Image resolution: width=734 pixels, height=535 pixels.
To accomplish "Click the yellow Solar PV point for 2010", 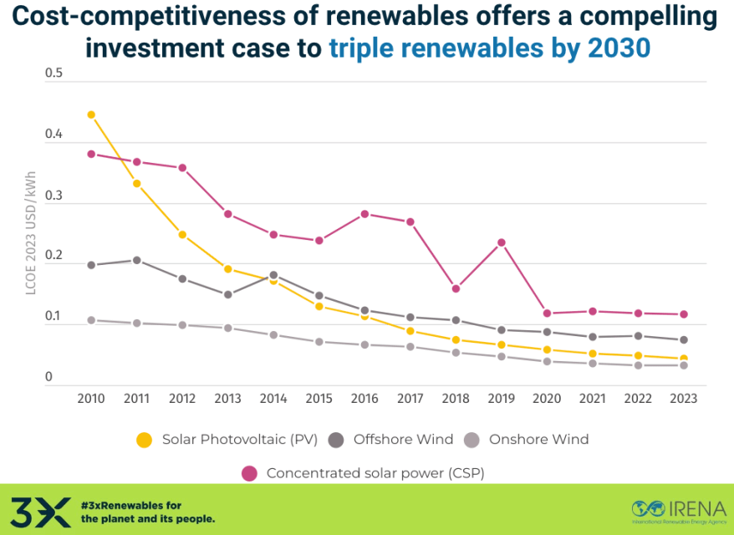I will coord(91,115).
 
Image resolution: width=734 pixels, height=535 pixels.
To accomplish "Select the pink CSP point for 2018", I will coord(456,288).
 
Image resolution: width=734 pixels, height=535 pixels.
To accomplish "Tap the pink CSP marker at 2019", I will coord(502,242).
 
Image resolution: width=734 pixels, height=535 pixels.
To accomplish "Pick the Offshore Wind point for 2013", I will coord(228,294).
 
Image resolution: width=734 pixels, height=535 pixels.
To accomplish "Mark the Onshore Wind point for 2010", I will coord(91,320).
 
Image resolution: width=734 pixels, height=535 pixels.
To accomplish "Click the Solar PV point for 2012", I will coord(182,235).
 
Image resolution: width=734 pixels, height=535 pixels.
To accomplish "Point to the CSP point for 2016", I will coord(364,214).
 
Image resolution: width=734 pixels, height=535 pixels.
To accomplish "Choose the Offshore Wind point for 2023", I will coord(684,339).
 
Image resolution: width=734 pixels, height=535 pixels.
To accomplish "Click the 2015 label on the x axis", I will coord(319,400).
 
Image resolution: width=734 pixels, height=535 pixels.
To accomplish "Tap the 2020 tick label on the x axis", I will coord(547,400).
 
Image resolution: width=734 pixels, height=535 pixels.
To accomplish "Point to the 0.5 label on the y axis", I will coord(54,74).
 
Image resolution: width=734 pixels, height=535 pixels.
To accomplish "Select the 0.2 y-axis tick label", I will coord(54,256).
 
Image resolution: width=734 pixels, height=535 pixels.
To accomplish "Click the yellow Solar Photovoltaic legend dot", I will coord(145,440).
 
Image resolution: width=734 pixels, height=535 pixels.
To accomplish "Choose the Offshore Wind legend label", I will coord(403,439).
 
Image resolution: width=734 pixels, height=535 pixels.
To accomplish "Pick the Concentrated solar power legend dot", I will coord(249,473).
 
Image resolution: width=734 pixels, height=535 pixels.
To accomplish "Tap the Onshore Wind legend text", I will coord(538,439).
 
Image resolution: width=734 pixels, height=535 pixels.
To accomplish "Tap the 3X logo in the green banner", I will coord(41,511).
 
